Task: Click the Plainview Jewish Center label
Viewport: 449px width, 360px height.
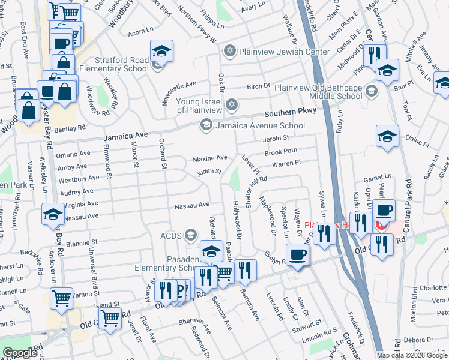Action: (284, 52)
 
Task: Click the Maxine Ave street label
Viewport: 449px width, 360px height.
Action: (209, 158)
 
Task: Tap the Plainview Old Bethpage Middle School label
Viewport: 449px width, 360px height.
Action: (318, 92)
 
